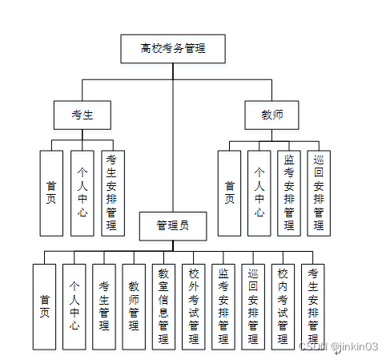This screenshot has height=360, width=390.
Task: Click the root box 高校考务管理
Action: tap(173, 49)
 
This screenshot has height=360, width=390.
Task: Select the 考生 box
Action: tap(82, 115)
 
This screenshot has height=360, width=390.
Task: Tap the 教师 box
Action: tap(271, 115)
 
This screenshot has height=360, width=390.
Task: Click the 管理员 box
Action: tap(174, 226)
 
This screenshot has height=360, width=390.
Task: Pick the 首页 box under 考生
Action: tap(51, 192)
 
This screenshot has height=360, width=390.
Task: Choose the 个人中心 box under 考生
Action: tap(82, 192)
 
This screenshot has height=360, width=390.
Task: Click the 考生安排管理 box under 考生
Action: tap(112, 192)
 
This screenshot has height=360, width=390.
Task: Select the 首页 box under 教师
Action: tap(229, 192)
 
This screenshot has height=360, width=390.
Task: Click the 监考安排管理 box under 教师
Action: tap(289, 192)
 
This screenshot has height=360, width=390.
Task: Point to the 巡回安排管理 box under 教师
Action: tap(319, 192)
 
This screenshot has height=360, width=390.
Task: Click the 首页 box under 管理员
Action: tap(44, 306)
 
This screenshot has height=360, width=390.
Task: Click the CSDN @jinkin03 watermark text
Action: tap(337, 346)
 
